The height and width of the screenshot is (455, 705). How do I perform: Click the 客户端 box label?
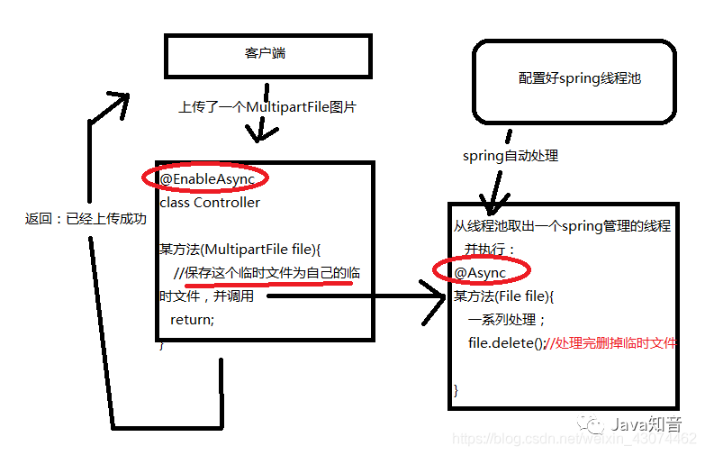click(x=265, y=54)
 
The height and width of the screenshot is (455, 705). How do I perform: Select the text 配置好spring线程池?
click(x=580, y=78)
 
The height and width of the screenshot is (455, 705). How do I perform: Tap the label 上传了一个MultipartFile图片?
click(x=267, y=107)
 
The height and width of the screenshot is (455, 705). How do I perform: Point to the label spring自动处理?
click(x=511, y=156)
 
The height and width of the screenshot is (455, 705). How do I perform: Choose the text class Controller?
click(x=210, y=202)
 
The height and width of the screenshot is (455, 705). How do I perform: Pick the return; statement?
click(x=192, y=319)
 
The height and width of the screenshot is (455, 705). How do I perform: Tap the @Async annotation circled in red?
click(x=480, y=272)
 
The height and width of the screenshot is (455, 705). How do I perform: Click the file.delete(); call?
click(x=506, y=342)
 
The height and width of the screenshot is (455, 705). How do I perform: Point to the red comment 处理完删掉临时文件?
click(x=616, y=342)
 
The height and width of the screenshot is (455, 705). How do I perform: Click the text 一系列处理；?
click(x=507, y=319)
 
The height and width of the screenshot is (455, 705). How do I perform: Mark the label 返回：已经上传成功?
click(x=86, y=219)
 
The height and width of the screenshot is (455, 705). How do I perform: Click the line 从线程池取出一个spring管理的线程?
click(x=561, y=226)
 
